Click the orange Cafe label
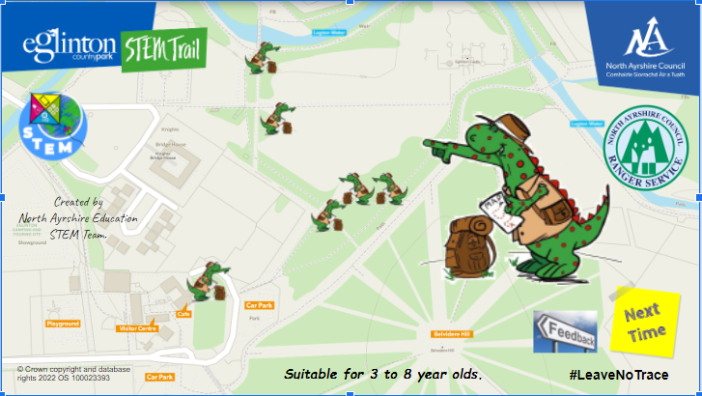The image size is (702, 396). [x=183, y=314]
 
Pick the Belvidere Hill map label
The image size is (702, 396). [x=451, y=333]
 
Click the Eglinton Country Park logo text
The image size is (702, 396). [x=69, y=47]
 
